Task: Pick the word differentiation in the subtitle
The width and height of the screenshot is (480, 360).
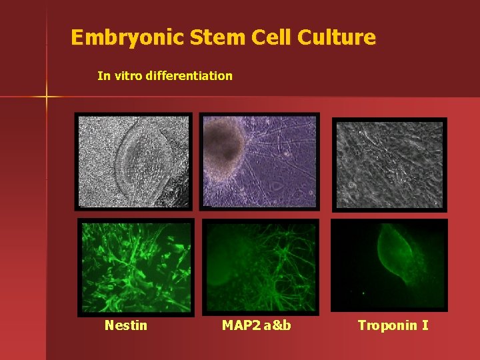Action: pyautogui.click(x=191, y=76)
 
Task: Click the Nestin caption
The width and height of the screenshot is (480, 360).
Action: pyautogui.click(x=126, y=325)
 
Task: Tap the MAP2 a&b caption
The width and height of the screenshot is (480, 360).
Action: pyautogui.click(x=257, y=325)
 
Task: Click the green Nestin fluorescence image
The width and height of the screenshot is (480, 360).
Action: pyautogui.click(x=135, y=267)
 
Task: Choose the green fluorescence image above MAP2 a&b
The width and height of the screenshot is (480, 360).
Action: pyautogui.click(x=260, y=267)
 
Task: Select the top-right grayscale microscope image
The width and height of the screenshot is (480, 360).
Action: pyautogui.click(x=389, y=163)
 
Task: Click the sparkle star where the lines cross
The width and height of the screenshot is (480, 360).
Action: pyautogui.click(x=47, y=97)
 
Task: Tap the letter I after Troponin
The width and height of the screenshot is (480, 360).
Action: pyautogui.click(x=425, y=325)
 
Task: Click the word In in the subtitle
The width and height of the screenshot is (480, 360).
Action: pyautogui.click(x=103, y=76)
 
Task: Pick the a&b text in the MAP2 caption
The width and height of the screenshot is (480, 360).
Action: pyautogui.click(x=276, y=325)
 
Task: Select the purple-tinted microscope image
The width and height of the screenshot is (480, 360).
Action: pyautogui.click(x=259, y=161)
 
